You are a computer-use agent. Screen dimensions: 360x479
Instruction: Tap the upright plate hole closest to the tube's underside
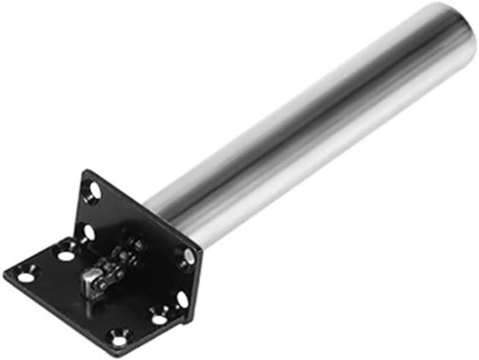[x=188, y=257]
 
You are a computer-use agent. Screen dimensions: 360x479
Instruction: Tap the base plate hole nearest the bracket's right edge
[x=159, y=318]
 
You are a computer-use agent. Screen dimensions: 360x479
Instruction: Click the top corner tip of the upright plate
[x=86, y=171]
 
